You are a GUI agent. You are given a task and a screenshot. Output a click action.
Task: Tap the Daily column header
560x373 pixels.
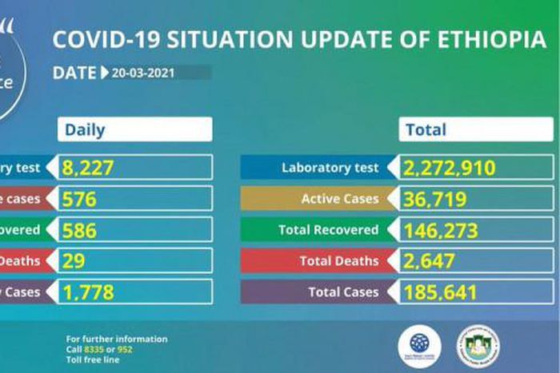[x=85, y=129]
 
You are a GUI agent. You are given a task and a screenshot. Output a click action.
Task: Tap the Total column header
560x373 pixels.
[x=426, y=129]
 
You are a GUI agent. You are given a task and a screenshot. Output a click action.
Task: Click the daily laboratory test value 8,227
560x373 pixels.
[x=90, y=168]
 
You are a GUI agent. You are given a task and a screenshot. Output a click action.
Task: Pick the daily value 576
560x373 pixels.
[x=79, y=199]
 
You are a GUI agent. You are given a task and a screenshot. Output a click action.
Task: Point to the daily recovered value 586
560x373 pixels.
[x=80, y=231]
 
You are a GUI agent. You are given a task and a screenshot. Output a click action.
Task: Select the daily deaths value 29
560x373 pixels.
[x=74, y=261]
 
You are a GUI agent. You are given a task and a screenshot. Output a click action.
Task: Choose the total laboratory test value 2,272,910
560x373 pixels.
[x=450, y=168]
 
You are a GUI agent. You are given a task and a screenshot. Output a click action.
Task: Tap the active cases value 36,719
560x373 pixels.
[x=434, y=199]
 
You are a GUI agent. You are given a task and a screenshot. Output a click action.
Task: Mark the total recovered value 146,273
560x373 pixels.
[x=441, y=231]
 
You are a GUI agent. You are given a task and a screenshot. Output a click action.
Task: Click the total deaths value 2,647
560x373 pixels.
[x=430, y=261]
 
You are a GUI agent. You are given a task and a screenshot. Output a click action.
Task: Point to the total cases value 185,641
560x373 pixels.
[x=440, y=292]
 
